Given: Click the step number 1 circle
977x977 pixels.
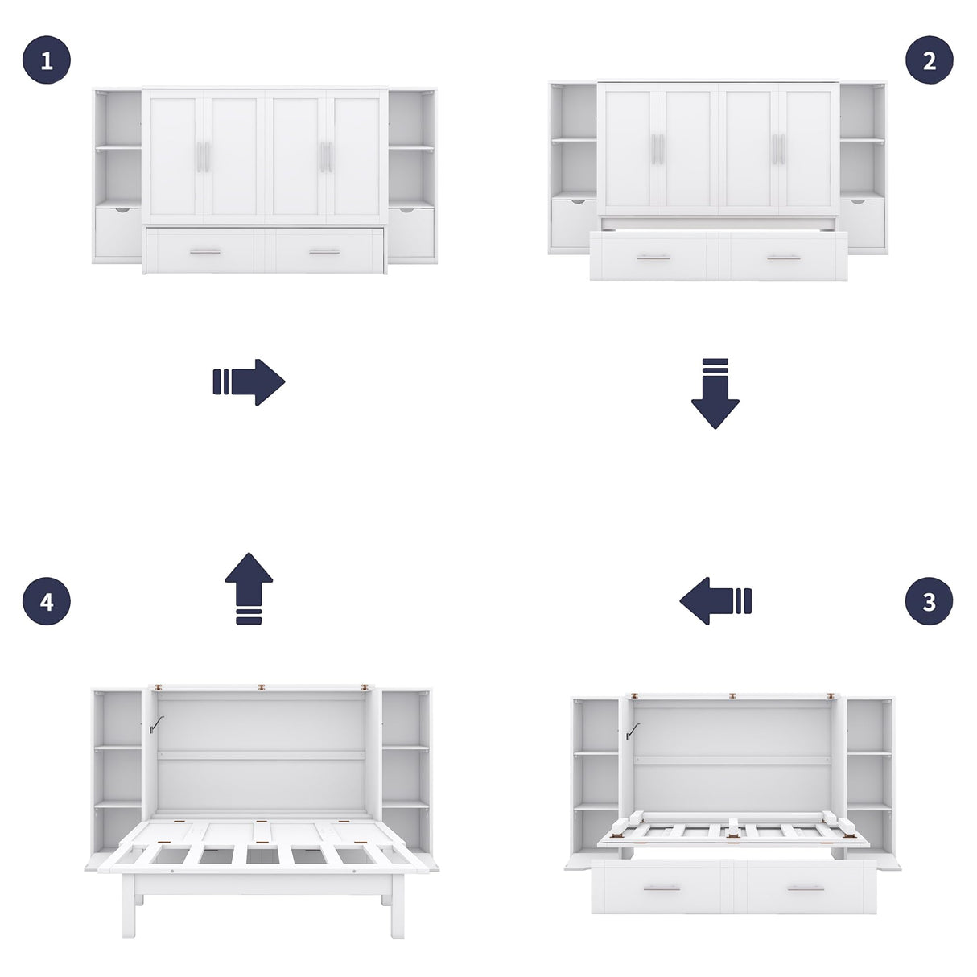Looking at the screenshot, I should (x=47, y=60).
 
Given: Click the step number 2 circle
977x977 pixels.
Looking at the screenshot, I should (x=930, y=60).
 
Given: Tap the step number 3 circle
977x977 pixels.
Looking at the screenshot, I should (x=930, y=601).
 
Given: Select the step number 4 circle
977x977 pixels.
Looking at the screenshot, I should (x=47, y=601).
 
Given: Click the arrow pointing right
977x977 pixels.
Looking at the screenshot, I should (x=249, y=382).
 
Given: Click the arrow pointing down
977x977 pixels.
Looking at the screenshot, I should (x=715, y=394).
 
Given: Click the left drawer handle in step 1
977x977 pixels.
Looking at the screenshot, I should (x=204, y=252).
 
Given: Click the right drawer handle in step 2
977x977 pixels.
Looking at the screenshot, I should (x=783, y=258).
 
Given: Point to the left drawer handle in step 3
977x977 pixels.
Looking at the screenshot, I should (x=662, y=889).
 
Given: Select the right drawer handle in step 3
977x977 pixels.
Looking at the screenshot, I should (x=805, y=889).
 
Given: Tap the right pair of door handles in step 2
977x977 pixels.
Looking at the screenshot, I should (x=778, y=149).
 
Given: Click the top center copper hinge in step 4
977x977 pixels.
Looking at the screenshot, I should (x=262, y=688).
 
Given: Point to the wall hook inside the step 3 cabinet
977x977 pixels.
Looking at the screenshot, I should (x=633, y=730).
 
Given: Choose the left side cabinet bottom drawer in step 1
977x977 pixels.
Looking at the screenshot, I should (x=118, y=232).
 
